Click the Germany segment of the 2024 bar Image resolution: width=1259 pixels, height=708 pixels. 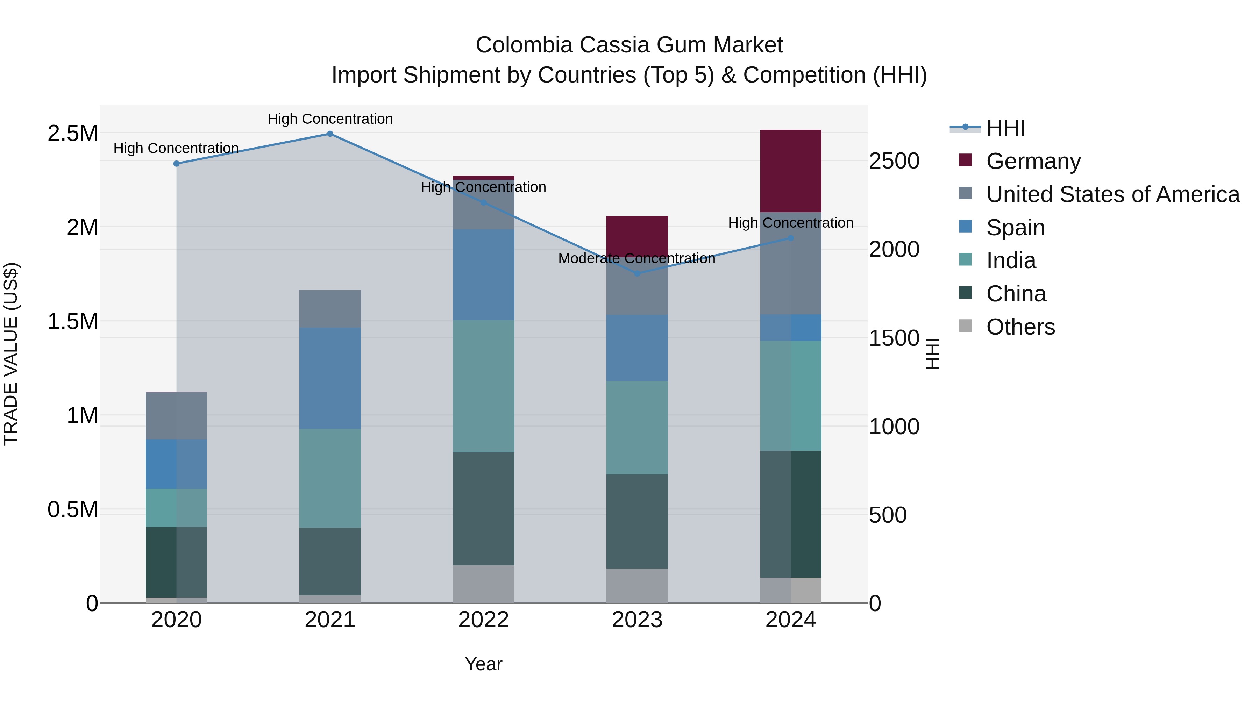coord(790,171)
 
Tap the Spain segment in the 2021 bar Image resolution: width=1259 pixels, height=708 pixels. coord(330,378)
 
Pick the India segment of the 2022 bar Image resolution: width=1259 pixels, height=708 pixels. coord(483,386)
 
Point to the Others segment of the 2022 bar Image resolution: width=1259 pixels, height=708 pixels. coord(483,584)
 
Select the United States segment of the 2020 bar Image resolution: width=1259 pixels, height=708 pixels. coord(177,415)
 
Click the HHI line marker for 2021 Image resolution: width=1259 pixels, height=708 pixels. coord(330,134)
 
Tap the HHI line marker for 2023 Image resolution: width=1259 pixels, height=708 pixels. coord(637,274)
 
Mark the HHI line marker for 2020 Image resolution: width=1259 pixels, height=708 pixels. coord(177,164)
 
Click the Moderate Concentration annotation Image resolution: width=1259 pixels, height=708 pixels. coord(636,258)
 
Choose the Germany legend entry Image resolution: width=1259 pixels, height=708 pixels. coord(1033,161)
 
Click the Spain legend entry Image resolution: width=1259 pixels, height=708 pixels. coord(1015,227)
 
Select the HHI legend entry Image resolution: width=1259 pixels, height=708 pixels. coord(1005,128)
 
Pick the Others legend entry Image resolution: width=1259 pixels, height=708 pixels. coord(1020,327)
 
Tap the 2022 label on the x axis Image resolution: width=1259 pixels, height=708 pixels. coord(483,620)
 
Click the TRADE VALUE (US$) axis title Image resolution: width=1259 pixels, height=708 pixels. coord(11,354)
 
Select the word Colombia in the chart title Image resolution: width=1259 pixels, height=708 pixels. coord(524,45)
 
